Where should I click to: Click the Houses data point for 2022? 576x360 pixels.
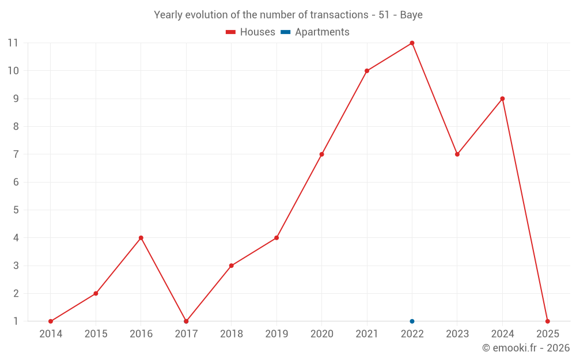412,43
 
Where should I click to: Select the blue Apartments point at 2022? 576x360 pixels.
412,321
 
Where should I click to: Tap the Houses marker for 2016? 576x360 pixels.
141,238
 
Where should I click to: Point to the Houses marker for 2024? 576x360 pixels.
502,98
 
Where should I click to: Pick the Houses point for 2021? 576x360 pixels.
367,71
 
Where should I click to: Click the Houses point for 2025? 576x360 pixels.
547,321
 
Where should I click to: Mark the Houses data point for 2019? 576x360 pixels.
276,238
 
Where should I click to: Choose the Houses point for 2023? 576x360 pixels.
457,154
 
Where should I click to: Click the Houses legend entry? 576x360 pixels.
251,32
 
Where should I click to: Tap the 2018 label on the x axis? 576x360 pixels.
232,334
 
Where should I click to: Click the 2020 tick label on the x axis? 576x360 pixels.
321,334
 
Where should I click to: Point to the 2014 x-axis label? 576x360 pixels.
51,334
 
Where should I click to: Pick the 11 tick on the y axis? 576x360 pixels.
13,43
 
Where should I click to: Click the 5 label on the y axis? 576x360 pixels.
16,210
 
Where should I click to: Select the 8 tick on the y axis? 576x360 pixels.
16,126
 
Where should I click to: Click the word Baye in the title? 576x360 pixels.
411,15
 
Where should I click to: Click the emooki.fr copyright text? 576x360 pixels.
526,348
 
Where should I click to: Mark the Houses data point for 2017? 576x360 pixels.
186,321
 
